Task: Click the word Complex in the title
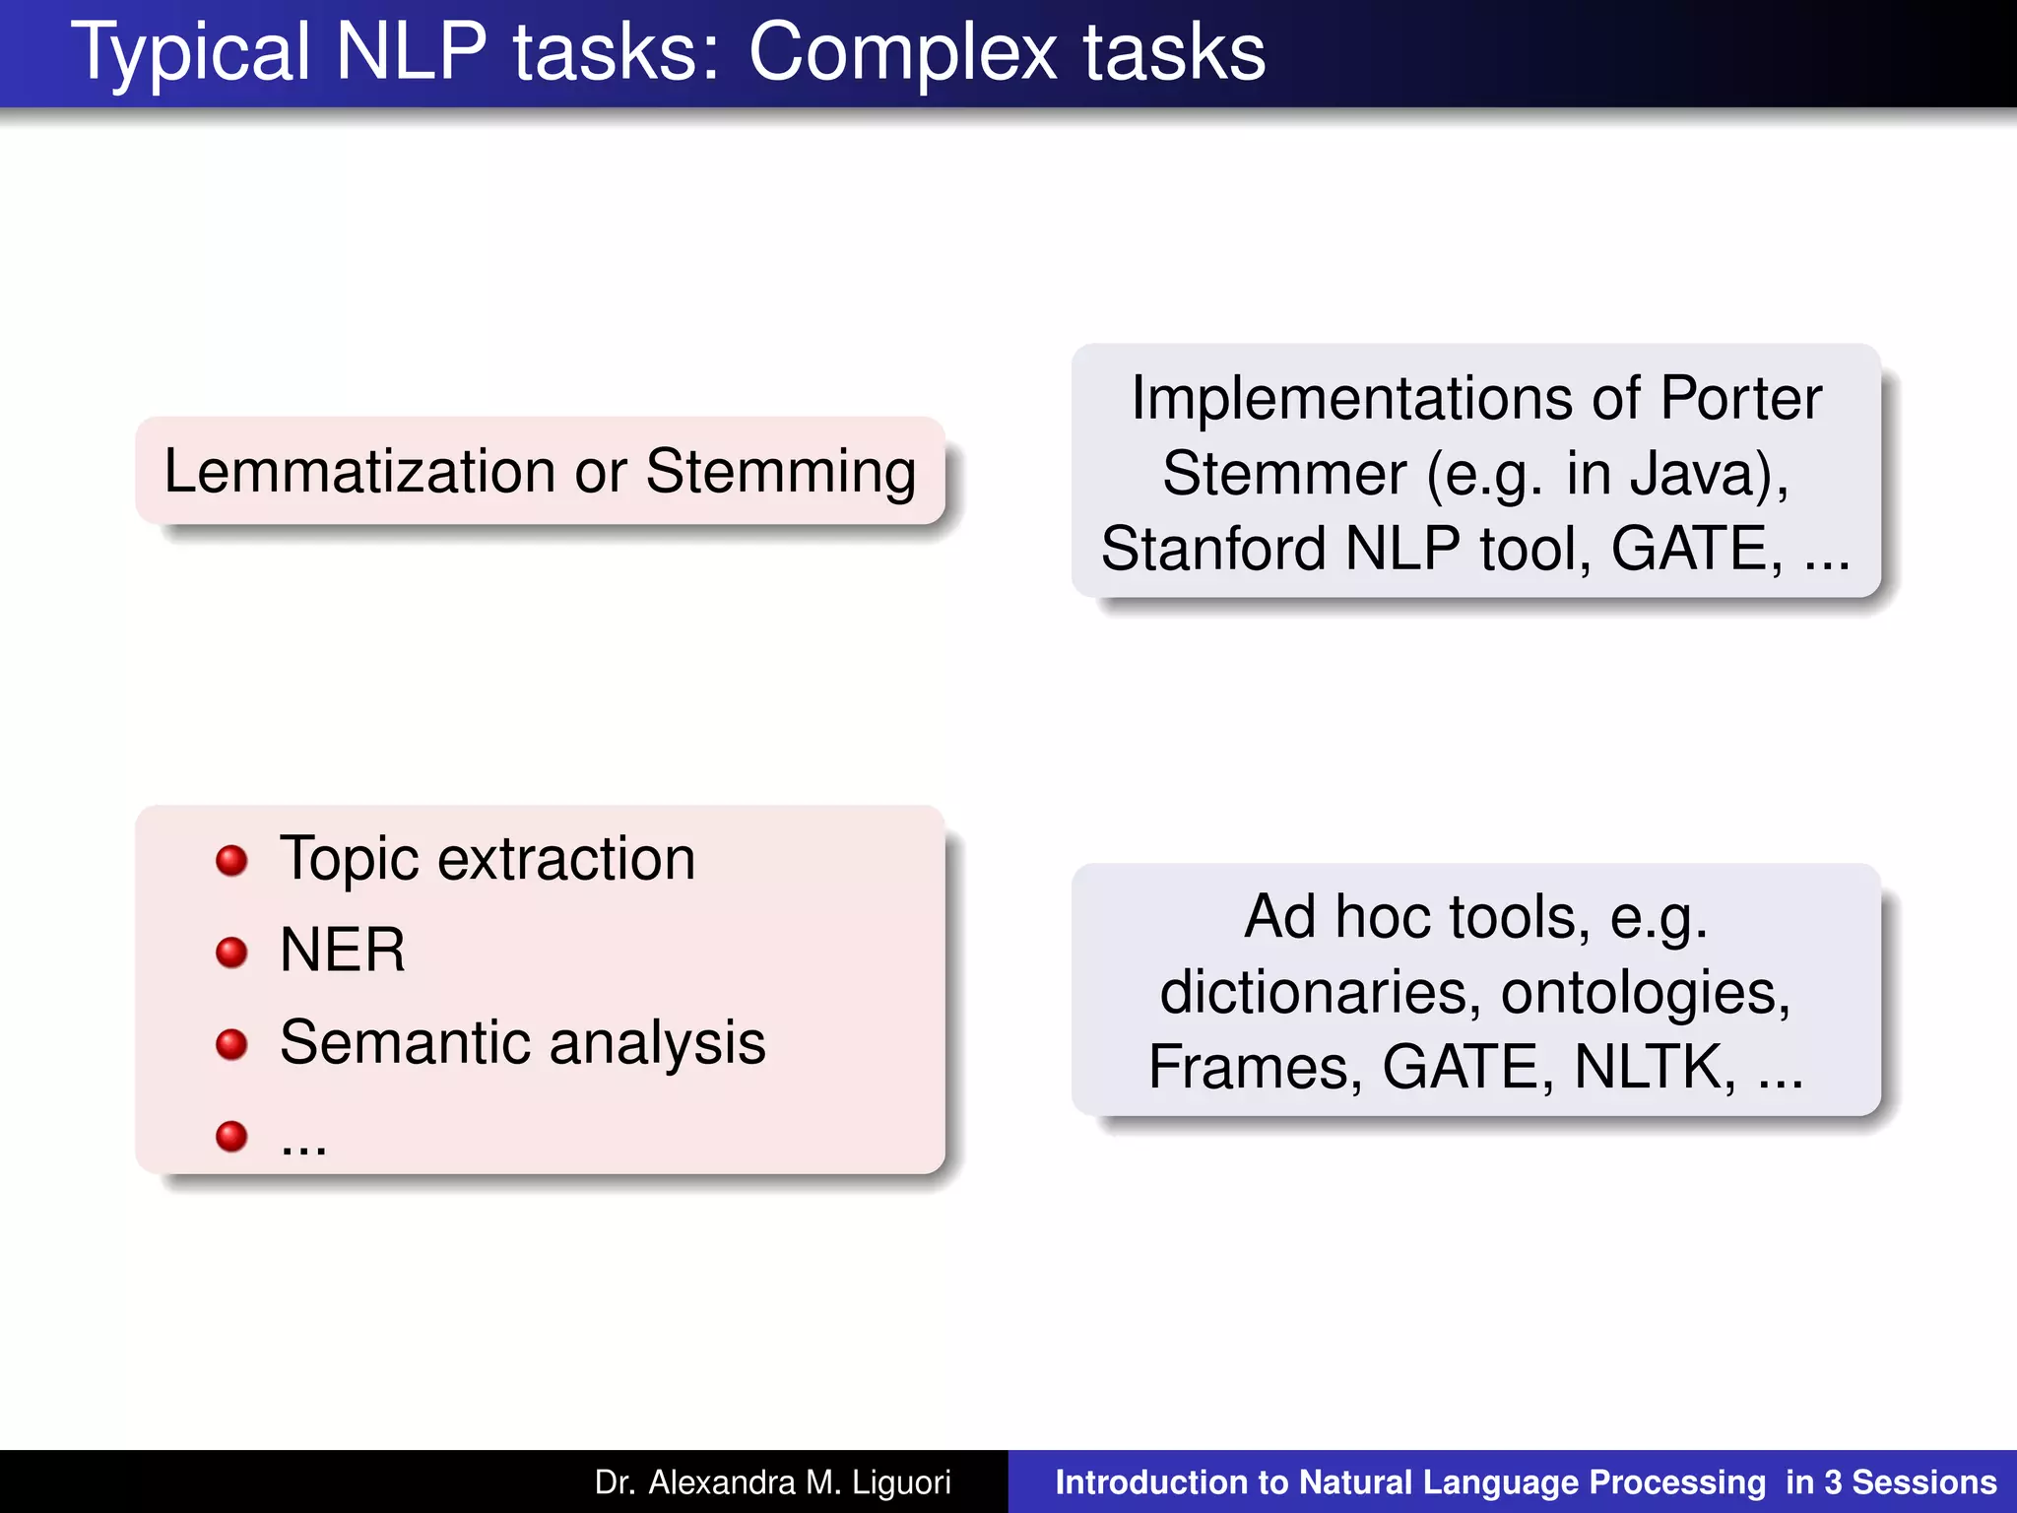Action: pos(901,53)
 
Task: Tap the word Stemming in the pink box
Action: pos(780,473)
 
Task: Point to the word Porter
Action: pos(1740,399)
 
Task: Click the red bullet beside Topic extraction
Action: pos(231,860)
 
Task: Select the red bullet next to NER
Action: pos(231,952)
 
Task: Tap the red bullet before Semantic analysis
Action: pos(231,1044)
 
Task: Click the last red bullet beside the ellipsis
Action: pos(231,1136)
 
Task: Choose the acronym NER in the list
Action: pos(342,951)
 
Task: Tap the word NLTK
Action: pos(1655,1067)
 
